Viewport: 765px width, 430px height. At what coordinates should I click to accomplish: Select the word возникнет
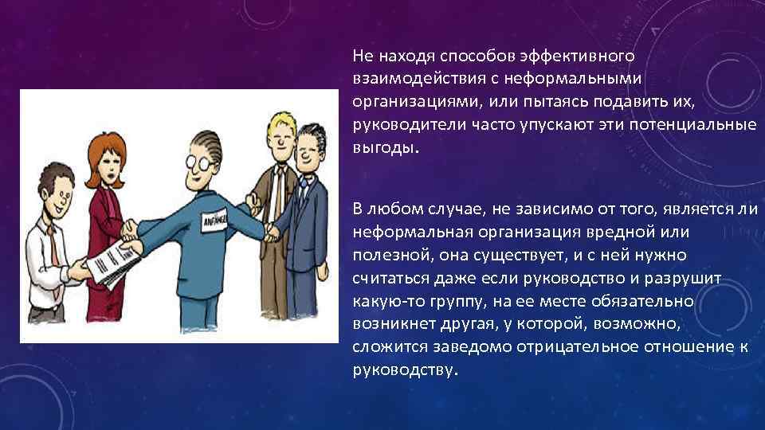[x=392, y=325]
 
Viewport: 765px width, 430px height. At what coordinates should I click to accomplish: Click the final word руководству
[x=404, y=371]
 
